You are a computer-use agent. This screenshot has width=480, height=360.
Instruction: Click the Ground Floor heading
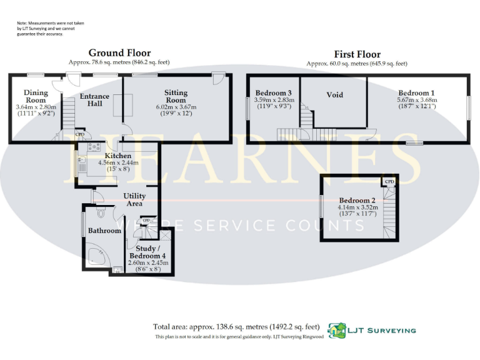(x=119, y=53)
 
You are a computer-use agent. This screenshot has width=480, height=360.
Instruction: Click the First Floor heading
(x=357, y=54)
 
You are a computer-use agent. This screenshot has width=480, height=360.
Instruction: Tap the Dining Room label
(x=36, y=96)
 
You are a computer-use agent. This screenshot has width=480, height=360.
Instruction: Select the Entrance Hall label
(x=94, y=100)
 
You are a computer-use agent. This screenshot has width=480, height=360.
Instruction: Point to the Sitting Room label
(x=176, y=96)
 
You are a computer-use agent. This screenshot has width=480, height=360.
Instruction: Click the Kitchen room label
(x=117, y=156)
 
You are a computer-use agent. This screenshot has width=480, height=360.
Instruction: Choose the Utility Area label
(x=134, y=199)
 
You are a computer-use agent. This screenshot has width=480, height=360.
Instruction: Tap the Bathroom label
(x=104, y=231)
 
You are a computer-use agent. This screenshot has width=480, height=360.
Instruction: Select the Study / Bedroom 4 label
(x=147, y=252)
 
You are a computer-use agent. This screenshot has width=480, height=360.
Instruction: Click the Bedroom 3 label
(x=274, y=93)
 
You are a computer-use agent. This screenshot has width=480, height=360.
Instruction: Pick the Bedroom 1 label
(x=417, y=93)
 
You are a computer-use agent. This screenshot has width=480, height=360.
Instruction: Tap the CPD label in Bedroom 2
(x=389, y=182)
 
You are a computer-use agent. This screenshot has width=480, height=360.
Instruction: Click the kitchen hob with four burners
(x=94, y=147)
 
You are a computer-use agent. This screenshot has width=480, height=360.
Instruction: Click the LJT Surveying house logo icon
(x=338, y=331)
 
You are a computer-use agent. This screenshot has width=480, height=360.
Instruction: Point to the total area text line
(x=237, y=326)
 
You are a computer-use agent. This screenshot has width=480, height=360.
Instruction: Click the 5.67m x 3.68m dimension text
(x=417, y=100)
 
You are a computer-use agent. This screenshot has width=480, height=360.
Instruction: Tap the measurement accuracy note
(x=50, y=28)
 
